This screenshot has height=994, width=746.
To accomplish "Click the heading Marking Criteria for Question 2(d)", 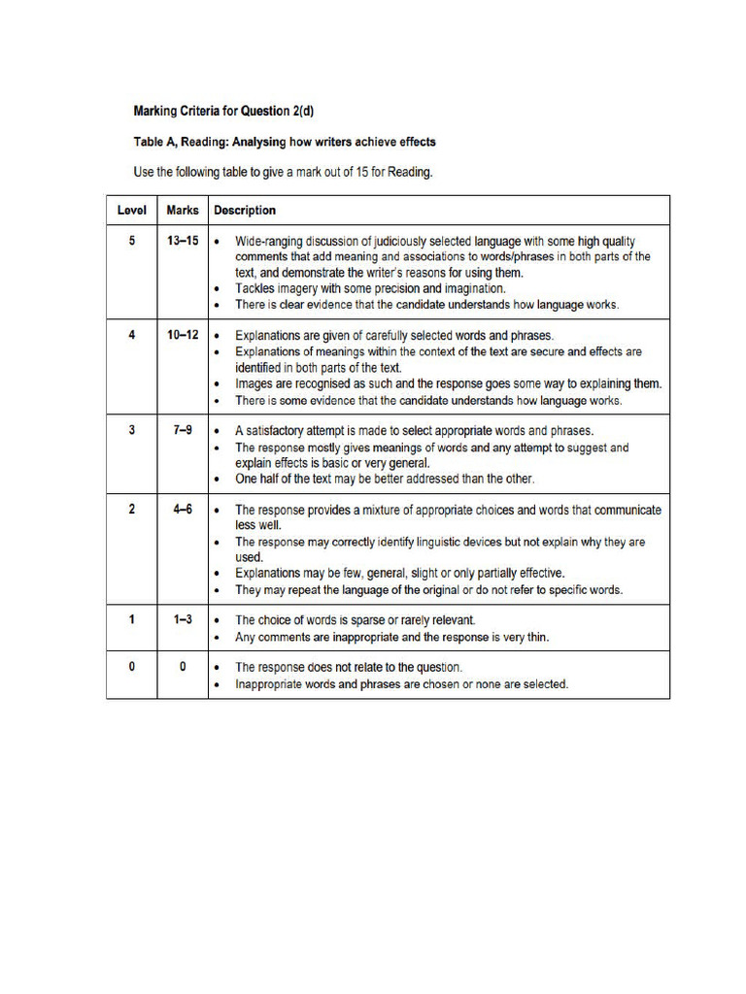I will [x=217, y=111].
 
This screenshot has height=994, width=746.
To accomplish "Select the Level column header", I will [x=132, y=210].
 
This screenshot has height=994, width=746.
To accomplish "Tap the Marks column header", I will [x=183, y=210].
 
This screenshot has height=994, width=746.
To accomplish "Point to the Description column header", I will [x=245, y=210].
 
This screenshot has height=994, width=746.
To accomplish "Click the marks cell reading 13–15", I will [x=183, y=240].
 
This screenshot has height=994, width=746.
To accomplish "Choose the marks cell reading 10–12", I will [x=183, y=335].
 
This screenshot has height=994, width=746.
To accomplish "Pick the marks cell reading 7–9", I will [x=183, y=430].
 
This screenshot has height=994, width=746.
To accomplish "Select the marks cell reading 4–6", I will [x=183, y=509].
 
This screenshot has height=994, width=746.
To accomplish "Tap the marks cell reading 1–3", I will [x=183, y=619].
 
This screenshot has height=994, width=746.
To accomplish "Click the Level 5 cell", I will [x=132, y=240].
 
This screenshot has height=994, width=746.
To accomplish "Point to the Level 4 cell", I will [x=132, y=335].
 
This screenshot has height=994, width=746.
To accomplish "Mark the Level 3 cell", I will [x=132, y=430].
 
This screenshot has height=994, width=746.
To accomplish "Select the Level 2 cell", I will [x=132, y=509].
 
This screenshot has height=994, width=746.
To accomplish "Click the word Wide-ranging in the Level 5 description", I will [x=270, y=241].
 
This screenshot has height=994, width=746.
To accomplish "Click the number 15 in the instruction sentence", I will [x=351, y=173].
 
